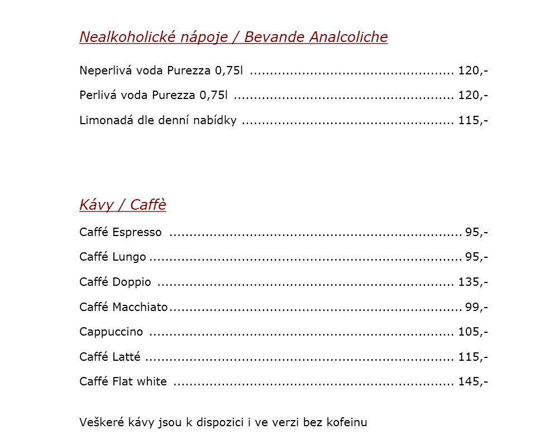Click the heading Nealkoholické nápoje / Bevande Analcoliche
point(233,37)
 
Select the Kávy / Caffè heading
point(123,205)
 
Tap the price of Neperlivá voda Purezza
point(473,71)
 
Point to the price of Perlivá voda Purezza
point(473,96)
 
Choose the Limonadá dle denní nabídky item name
point(158,120)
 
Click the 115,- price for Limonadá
point(473,120)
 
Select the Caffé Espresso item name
point(121,232)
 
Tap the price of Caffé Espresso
point(476,232)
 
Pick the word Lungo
point(129,257)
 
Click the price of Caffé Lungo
point(476,257)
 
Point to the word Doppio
point(132,282)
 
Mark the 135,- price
point(473,282)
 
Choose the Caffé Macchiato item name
point(123,307)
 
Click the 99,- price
point(476,307)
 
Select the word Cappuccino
point(111,332)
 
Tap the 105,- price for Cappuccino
point(473,332)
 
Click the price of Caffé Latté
point(473,357)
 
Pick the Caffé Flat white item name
point(123,381)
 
